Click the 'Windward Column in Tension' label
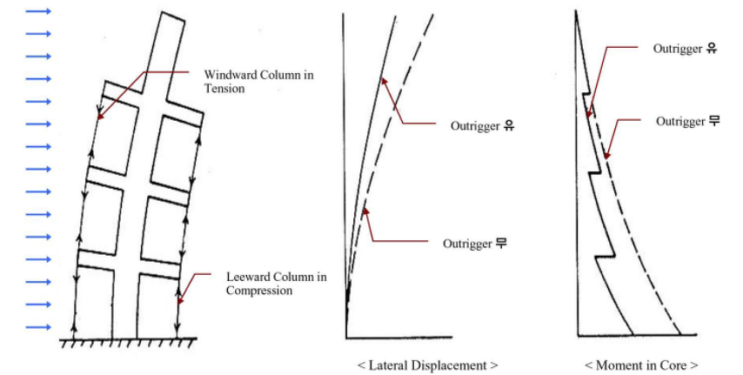[258, 82]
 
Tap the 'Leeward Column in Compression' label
[277, 284]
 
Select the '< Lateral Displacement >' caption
[427, 365]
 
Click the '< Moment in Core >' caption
[641, 365]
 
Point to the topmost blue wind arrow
[38, 11]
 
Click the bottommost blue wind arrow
[38, 327]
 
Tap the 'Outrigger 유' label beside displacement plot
[482, 126]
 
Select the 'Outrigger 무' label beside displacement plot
[475, 244]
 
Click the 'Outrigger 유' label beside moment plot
[686, 49]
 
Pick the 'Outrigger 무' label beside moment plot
[688, 121]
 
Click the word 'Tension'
[224, 89]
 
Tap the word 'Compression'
[258, 290]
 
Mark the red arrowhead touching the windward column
[100, 115]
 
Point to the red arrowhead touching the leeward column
[181, 299]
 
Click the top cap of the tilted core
[173, 17]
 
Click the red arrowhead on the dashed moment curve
[606, 154]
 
